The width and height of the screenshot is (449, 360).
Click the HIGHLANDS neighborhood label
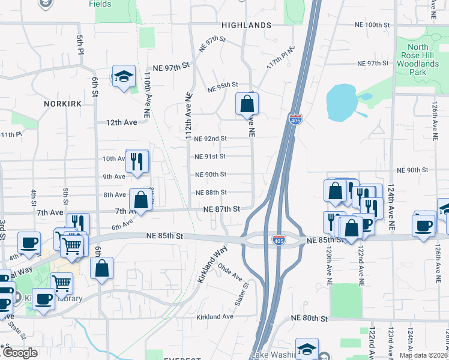(x=246, y=25)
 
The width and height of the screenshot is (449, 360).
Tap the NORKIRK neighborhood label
(x=62, y=104)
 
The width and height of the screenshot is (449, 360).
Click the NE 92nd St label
(x=211, y=139)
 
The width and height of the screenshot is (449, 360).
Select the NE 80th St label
(x=310, y=318)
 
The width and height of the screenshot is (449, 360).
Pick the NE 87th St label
(x=221, y=209)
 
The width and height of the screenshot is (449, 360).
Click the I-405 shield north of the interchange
(x=295, y=120)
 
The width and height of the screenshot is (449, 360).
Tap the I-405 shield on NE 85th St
(x=278, y=240)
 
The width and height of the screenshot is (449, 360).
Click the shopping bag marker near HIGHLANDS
(x=247, y=104)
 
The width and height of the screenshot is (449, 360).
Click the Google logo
(x=19, y=353)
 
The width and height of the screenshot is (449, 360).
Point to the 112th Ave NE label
(x=188, y=120)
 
